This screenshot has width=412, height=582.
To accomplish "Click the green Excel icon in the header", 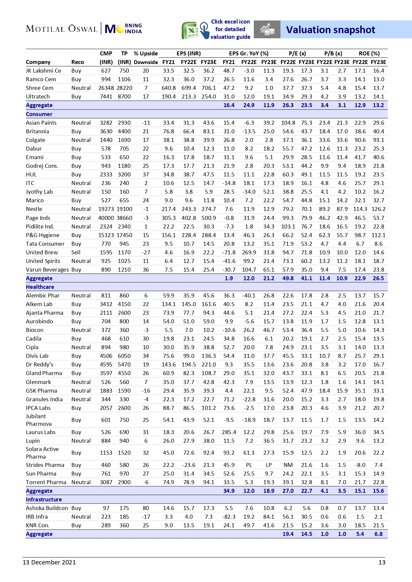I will pos(190,31).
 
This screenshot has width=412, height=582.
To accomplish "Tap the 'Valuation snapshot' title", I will pos(330,30).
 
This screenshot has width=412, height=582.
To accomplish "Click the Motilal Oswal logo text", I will pos(61,29).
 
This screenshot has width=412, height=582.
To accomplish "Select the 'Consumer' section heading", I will pos(39,114).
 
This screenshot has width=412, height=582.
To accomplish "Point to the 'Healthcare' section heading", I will pos(40,287).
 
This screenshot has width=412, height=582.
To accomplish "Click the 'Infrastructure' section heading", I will pos(44,499).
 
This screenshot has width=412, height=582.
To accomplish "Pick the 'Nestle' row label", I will pos(34,209).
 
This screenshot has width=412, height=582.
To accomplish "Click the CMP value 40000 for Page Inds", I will pos(106,218).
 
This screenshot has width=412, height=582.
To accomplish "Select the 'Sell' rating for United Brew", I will pos(76,252).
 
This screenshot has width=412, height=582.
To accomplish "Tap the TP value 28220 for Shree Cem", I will pos(124,88).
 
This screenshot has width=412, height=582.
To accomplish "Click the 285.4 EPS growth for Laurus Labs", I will pos(229,432).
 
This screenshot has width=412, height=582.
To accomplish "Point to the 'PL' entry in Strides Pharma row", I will pos(249,465).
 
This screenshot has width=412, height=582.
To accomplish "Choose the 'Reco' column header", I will pos(77,62).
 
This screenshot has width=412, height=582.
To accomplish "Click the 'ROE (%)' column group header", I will pos(369,53).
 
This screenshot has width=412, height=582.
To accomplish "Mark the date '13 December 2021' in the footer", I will pos(49,562).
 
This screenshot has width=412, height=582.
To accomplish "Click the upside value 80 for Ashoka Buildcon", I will pos(146,508).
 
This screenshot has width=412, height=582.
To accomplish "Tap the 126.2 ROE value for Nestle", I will pos(378,209).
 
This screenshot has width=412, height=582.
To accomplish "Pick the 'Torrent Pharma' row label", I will pos(46,482).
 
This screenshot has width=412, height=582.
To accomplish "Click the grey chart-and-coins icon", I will pos(267,30).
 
